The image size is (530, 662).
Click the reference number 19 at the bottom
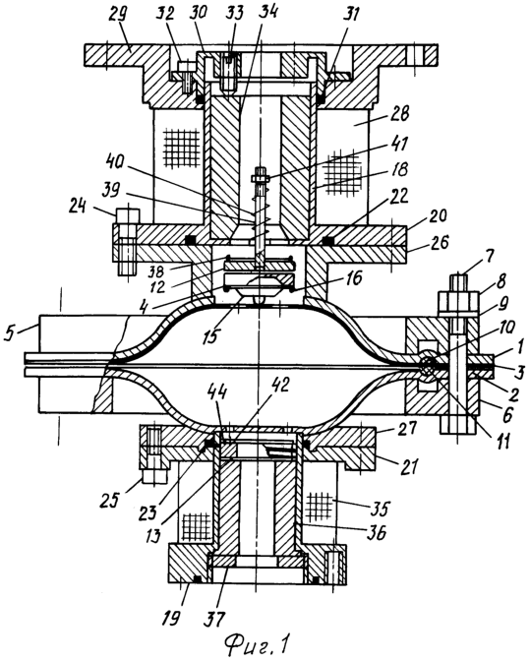click(171, 618)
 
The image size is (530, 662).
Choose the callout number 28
click(399, 114)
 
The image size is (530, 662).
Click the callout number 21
click(408, 466)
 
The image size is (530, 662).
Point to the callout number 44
click(216, 394)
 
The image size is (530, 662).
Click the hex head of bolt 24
click(127, 216)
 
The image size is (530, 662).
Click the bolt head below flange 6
click(458, 425)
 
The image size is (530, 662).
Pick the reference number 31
click(351, 16)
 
